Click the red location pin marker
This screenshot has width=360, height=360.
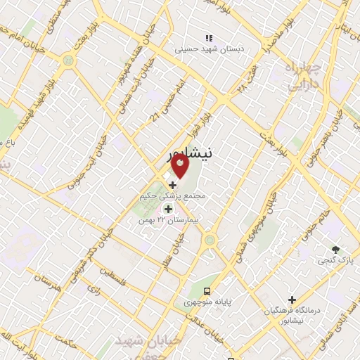[x=180, y=167]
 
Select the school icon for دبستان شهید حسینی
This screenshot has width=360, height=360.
[x=208, y=38]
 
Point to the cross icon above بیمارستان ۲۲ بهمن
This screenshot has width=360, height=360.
[x=168, y=209]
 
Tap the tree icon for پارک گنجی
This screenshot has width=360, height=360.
[x=335, y=250]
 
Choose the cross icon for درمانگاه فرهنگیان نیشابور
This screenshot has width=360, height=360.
[x=292, y=300]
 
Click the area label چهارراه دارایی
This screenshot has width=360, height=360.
[x=303, y=76]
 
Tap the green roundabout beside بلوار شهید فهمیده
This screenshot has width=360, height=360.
[x=68, y=60]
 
